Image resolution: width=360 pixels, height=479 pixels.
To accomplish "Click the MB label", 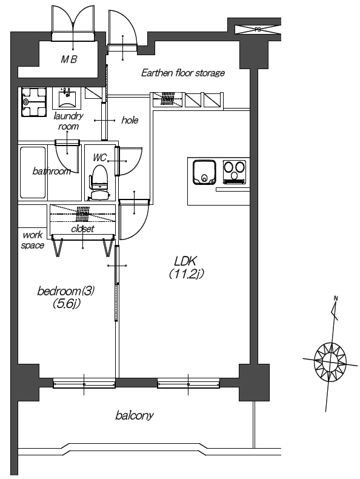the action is [68, 59].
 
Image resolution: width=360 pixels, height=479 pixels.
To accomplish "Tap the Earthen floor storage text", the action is [183, 73].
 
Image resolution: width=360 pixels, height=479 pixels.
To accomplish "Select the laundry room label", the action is [68, 121].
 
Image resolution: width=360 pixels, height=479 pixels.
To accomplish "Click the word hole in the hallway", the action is [130, 120].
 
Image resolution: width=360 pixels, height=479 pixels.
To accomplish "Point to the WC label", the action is [99, 158].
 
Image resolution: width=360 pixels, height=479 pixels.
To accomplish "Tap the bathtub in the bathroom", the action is [33, 172].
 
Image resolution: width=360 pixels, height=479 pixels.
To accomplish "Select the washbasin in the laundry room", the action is [67, 98].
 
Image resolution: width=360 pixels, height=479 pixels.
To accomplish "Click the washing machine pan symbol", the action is [33, 102].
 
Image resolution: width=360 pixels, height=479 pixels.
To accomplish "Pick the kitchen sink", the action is [204, 173].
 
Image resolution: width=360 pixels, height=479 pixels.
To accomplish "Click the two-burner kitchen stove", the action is [234, 172].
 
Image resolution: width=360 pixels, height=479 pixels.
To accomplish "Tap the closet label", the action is [83, 229].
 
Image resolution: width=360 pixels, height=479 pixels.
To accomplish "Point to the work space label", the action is [32, 240].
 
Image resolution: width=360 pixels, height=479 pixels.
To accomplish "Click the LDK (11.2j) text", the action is [186, 267].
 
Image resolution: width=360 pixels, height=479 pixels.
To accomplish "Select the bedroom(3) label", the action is [65, 291].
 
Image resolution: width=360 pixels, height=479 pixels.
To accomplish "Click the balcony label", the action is [135, 415].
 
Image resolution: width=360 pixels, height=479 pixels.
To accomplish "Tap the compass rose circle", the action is [330, 363].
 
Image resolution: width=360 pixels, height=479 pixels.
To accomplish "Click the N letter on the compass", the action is [336, 298].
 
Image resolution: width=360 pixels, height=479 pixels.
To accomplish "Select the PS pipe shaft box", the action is [258, 30].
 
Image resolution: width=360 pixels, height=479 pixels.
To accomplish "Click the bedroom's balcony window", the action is [84, 383].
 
